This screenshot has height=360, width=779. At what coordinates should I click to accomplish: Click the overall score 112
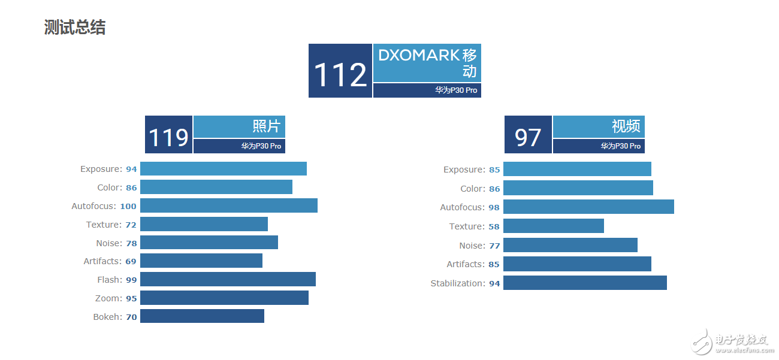point(340,75)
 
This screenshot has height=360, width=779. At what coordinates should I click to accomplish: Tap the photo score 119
point(168,137)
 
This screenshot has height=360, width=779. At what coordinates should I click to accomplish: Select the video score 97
point(528,137)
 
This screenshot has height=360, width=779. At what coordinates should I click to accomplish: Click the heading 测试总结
point(75,28)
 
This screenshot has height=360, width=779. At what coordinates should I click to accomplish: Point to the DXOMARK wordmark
point(419,55)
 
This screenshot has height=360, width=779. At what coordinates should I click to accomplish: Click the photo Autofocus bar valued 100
point(228,206)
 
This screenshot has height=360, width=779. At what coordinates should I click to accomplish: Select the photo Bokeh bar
point(202,316)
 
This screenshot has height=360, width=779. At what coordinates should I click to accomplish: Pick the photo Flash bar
point(228,280)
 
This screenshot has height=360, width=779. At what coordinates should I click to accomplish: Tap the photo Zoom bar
point(224,298)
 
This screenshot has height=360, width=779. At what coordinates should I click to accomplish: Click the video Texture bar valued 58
point(553,226)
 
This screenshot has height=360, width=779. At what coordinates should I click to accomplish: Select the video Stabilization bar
point(585,283)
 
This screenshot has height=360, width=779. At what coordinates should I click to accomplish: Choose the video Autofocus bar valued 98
point(588,207)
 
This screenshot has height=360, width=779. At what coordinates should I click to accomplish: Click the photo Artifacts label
point(102,261)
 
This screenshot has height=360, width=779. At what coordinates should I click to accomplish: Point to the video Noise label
point(472,246)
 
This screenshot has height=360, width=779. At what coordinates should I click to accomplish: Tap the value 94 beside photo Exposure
point(131,170)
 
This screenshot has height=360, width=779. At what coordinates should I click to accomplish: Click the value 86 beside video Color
point(494,189)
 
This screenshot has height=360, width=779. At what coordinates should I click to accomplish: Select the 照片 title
point(266,126)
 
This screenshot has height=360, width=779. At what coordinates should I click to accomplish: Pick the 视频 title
point(626,126)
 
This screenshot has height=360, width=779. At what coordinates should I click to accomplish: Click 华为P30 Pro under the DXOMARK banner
point(456,90)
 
